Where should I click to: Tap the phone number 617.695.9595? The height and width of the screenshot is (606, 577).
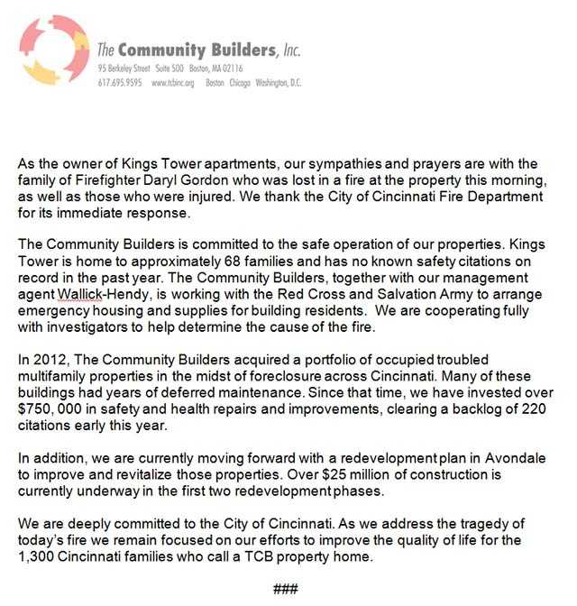[119, 84]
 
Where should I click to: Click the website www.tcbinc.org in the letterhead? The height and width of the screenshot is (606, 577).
[175, 84]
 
